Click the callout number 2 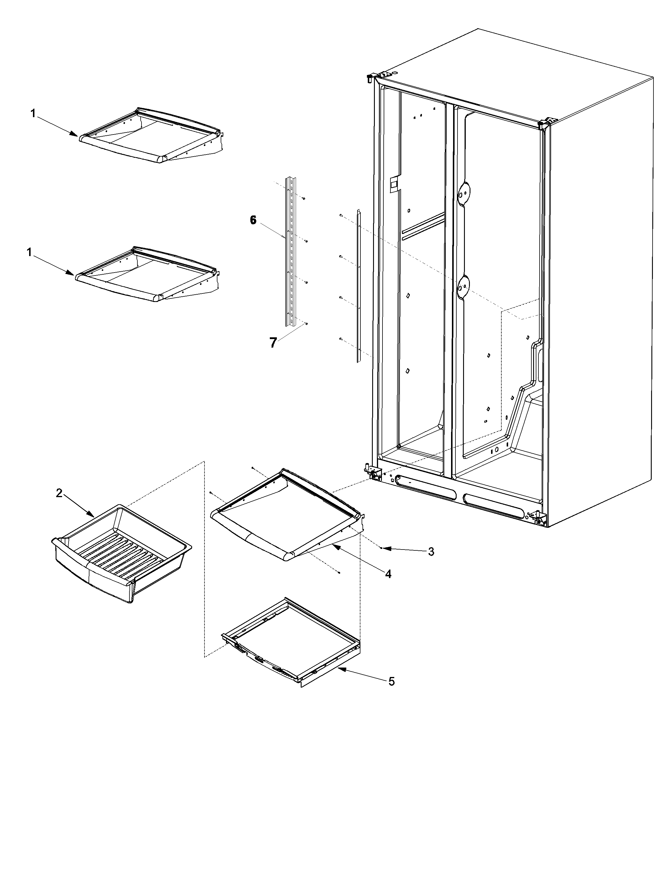tap(59, 493)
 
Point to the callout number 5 tap(391, 681)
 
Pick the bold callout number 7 tap(273, 343)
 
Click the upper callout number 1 tap(33, 114)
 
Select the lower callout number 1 tap(29, 252)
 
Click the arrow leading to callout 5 tap(359, 674)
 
